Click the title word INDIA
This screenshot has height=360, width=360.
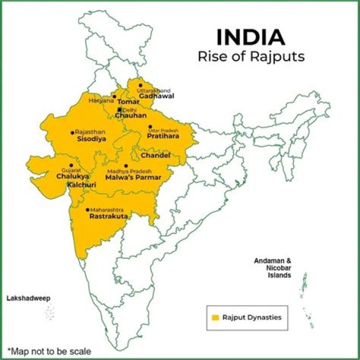point(250,38)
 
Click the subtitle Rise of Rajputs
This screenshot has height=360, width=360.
point(251,56)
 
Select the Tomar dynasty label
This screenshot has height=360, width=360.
point(128,101)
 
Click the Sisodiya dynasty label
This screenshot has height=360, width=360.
point(91,139)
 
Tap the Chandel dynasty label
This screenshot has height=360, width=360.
point(155,155)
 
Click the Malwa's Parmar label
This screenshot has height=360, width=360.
point(134,177)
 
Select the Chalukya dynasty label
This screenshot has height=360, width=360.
point(72,176)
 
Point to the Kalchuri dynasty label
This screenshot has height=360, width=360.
point(81,185)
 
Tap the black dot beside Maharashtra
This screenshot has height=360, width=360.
point(87,210)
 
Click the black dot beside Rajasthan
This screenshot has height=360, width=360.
point(72,132)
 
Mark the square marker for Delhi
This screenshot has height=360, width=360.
point(119,109)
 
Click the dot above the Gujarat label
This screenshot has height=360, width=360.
point(71,165)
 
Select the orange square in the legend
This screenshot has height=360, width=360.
point(215,317)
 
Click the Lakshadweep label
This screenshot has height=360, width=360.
point(28,298)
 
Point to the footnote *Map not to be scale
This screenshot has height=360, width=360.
point(49,351)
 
